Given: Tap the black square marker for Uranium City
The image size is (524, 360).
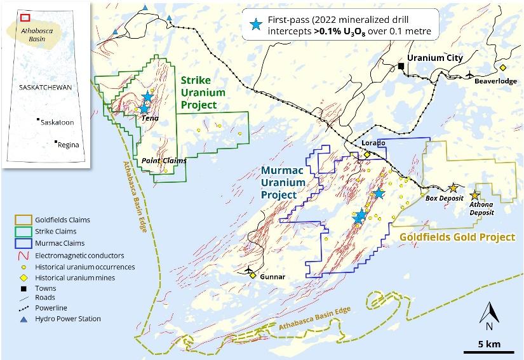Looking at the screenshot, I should [401, 65].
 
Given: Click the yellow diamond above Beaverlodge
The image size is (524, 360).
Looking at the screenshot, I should [502, 67].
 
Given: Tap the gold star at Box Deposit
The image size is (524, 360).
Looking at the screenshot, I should [453, 188].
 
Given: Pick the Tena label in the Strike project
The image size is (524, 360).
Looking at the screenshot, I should [151, 118].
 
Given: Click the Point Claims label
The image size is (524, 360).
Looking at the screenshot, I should [164, 161].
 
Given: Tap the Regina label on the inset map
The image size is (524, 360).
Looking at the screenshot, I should [68, 144].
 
